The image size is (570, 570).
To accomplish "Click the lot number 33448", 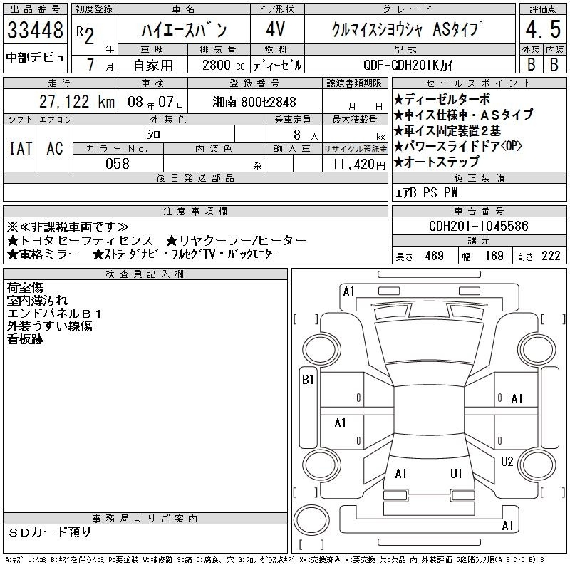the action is point(35,30).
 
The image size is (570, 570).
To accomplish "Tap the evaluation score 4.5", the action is point(543,29).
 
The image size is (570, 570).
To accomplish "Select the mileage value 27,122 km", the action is point(77,102).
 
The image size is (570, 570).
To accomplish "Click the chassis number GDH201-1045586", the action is point(479,226).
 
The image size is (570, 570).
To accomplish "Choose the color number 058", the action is point(118,164).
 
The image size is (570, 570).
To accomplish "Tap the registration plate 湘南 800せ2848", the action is point(254,102).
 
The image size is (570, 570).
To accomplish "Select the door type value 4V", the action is point(275,29).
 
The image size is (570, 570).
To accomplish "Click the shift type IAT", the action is point(21,148).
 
